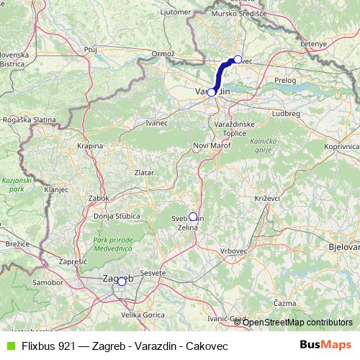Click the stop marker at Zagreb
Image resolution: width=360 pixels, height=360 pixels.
[122, 282]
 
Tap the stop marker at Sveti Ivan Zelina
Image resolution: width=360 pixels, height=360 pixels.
[193, 216]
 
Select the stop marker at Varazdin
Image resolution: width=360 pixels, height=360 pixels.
[212, 92]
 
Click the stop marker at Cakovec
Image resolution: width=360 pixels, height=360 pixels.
[238, 59]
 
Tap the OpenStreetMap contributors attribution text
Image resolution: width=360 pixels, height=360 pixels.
[297, 322]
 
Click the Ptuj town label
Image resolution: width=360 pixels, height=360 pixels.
[90, 49]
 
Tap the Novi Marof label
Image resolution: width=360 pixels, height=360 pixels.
[210, 146]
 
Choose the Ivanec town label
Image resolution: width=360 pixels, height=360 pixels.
[156, 123]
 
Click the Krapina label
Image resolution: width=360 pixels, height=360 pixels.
[90, 145]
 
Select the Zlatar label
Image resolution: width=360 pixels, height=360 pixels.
[144, 173]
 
